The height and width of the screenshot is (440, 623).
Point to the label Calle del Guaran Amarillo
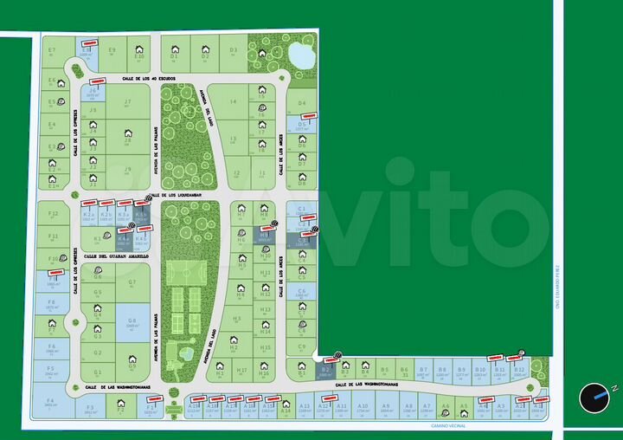click(x=117, y=256)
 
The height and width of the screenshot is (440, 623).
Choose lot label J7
click(x=127, y=102)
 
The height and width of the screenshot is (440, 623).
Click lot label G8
click(x=132, y=320)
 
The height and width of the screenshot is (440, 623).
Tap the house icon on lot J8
click(x=128, y=133)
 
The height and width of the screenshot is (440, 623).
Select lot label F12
click(x=54, y=212)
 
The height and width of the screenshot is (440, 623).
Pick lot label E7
click(x=52, y=50)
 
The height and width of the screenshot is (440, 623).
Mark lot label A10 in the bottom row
click(x=363, y=405)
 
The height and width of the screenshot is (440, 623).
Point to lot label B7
click(x=423, y=370)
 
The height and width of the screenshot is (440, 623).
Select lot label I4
click(x=233, y=102)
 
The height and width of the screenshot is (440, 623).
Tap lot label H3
click(x=235, y=318)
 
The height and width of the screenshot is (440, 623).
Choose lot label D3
click(x=234, y=50)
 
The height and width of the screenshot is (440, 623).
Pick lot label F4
click(x=50, y=399)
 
